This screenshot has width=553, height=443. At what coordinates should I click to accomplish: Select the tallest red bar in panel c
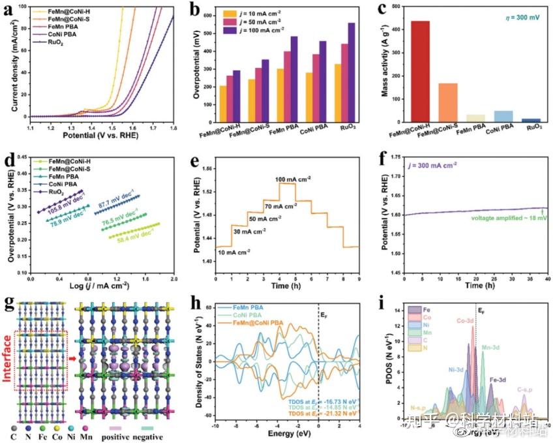(x=420, y=71)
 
